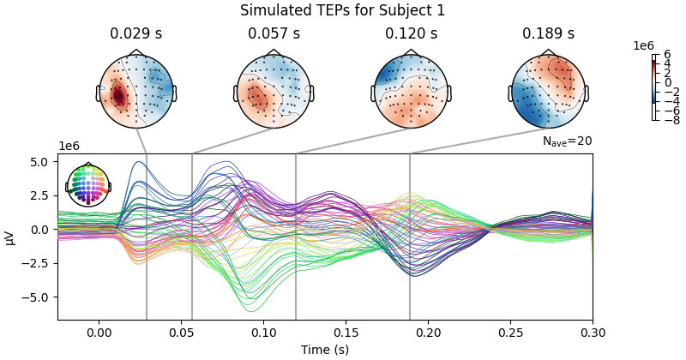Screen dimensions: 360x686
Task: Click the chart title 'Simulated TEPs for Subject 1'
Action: click(x=342, y=10)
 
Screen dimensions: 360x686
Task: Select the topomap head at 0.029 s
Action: click(x=136, y=91)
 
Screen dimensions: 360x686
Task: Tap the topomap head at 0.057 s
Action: click(x=274, y=91)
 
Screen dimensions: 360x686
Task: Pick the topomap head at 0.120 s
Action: click(x=411, y=91)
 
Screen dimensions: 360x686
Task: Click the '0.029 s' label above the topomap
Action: click(x=136, y=34)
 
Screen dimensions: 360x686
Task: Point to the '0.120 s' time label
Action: click(x=411, y=34)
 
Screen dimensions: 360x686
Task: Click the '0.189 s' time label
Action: click(x=548, y=34)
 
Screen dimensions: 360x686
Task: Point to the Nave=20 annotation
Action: click(x=567, y=141)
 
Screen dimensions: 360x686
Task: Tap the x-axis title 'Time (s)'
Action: click(x=325, y=350)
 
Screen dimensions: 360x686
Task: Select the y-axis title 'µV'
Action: click(x=10, y=237)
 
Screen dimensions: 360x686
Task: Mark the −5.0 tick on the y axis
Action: click(x=40, y=297)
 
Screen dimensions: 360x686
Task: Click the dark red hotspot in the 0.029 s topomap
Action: click(x=118, y=96)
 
